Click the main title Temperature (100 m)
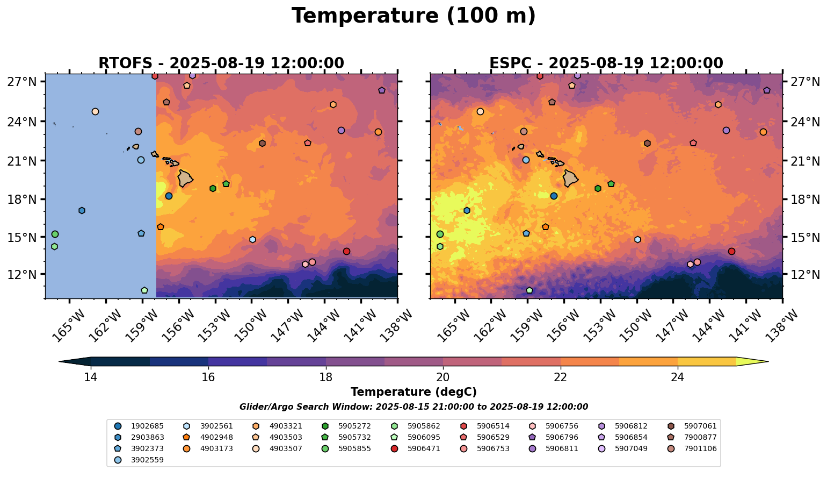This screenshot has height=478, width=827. click(414, 16)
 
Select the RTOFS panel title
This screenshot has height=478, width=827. click(221, 63)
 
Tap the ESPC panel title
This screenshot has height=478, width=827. click(606, 63)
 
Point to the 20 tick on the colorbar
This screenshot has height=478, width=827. click(443, 377)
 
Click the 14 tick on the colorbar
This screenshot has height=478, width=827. click(91, 377)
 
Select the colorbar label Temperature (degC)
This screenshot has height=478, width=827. click(414, 392)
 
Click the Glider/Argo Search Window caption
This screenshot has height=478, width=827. click(414, 407)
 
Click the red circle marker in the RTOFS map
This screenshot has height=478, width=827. click(346, 251)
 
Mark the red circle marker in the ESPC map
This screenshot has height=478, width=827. click(731, 251)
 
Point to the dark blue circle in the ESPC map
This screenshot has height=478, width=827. click(554, 196)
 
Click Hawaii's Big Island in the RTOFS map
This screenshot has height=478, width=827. click(185, 178)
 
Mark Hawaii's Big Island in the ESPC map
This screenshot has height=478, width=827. click(570, 178)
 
